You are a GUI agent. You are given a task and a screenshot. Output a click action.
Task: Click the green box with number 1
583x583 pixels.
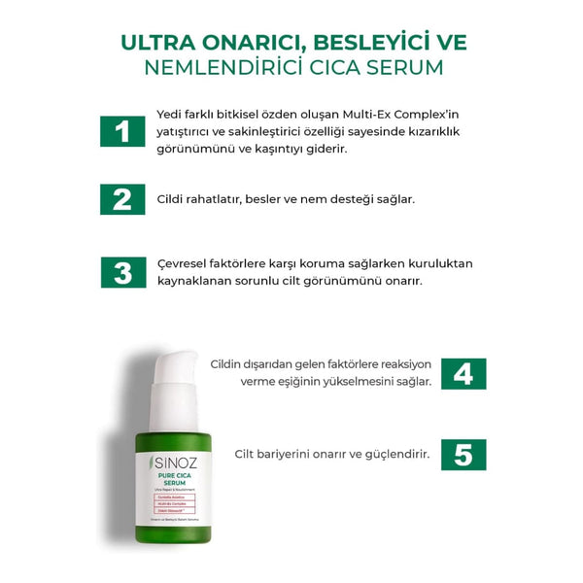tap(122, 131)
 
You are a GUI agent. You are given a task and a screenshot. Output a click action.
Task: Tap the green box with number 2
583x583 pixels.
tap(122, 198)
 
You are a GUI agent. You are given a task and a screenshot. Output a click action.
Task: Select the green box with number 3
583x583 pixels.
tap(122, 272)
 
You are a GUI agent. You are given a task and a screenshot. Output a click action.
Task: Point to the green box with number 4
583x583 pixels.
tap(463, 373)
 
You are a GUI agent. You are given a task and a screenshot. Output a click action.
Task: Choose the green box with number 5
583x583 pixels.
tap(463, 454)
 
